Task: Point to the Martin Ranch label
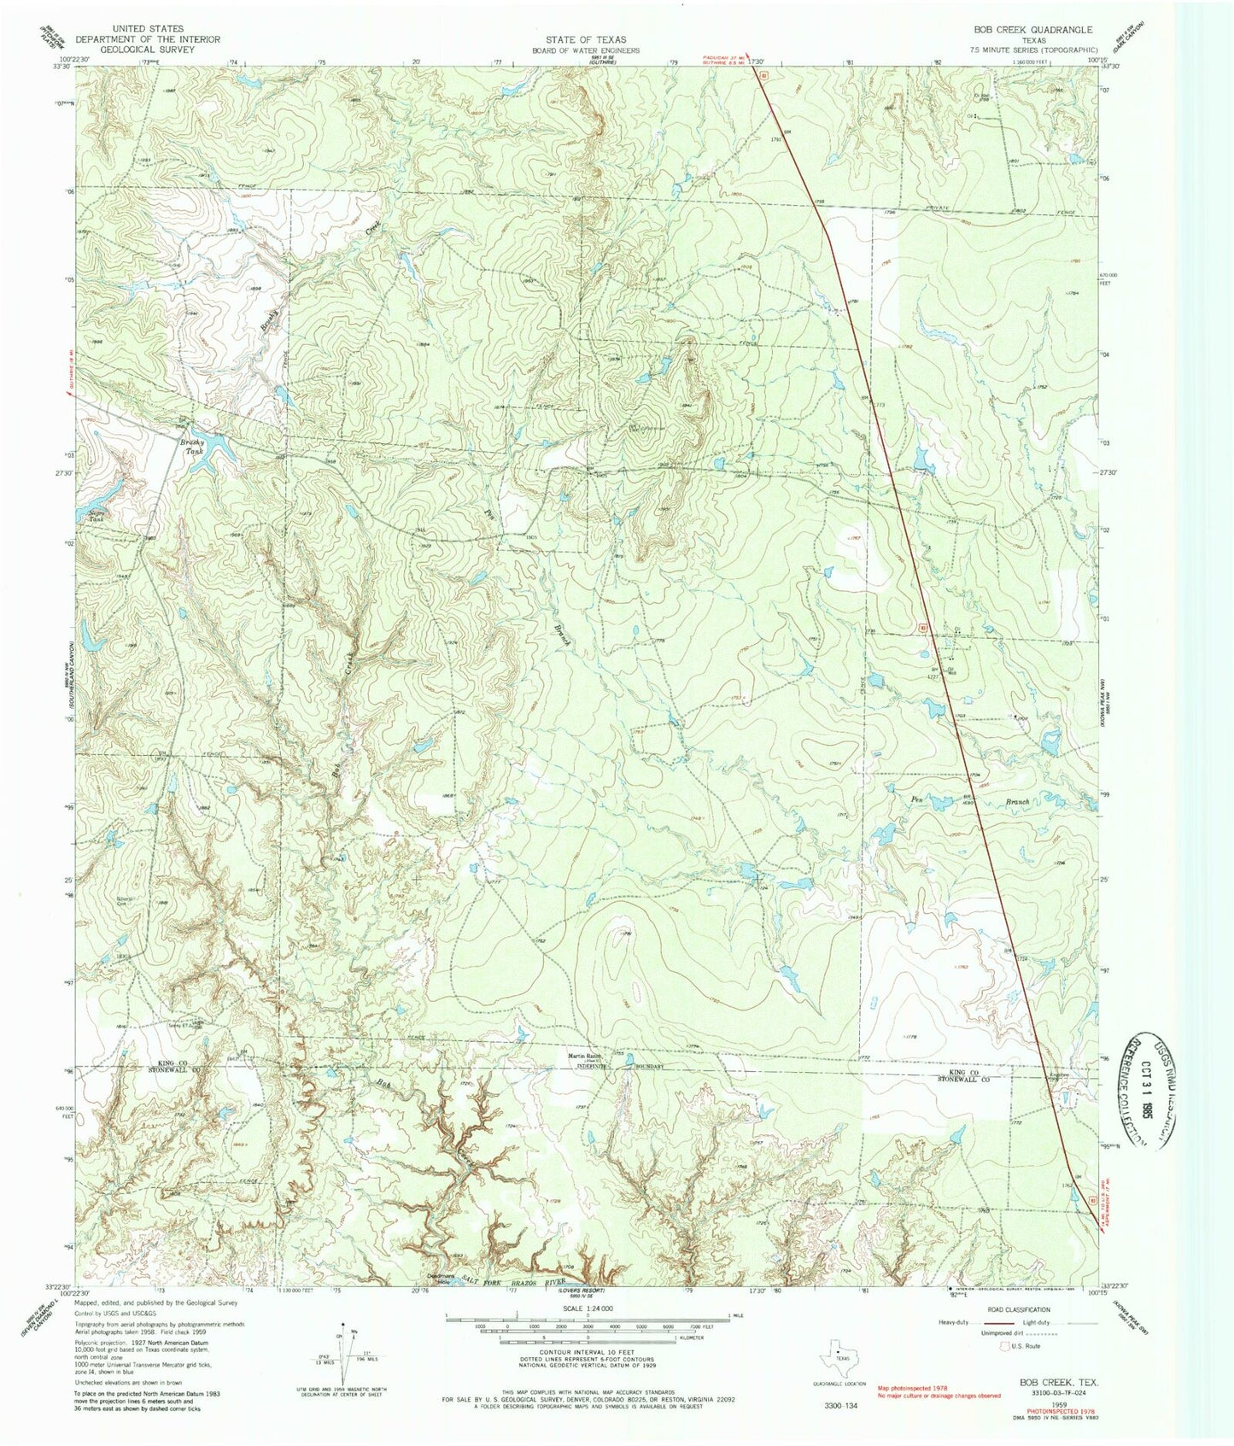586,1057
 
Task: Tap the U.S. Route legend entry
1028,1347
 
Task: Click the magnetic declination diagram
346,1358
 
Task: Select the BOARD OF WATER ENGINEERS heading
587,50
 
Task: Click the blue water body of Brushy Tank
218,444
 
